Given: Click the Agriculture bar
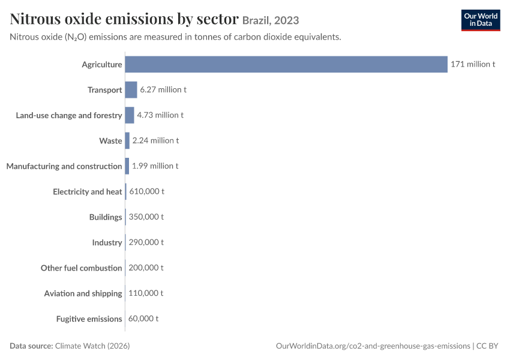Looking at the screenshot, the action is point(286,64).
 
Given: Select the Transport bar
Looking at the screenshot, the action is point(131,90).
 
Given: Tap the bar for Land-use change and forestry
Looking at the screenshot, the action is point(130,115).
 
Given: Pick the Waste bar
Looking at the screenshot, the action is point(127,140).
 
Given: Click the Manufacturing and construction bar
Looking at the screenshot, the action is point(127,166).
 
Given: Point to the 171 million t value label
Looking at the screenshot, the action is point(473,64).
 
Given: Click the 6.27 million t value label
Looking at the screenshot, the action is point(163,89).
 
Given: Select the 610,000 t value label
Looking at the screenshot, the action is point(146,191).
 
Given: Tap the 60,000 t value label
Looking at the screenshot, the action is point(143,319).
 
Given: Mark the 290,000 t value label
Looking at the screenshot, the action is point(146,242).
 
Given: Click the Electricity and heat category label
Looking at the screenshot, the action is point(88,191).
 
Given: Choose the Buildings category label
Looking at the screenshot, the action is point(106,217).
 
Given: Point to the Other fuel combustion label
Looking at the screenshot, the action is point(82,268).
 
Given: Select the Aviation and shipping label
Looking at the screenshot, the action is point(83,293).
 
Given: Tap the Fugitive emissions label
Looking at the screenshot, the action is point(89,319).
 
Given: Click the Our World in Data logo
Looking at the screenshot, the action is point(481,20).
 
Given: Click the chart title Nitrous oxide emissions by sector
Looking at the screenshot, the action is point(124,19).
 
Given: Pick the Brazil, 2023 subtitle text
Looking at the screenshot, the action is point(271,20).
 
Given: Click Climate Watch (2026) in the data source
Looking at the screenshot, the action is point(92,346).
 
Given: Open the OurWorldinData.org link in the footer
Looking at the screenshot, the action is point(373,346).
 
